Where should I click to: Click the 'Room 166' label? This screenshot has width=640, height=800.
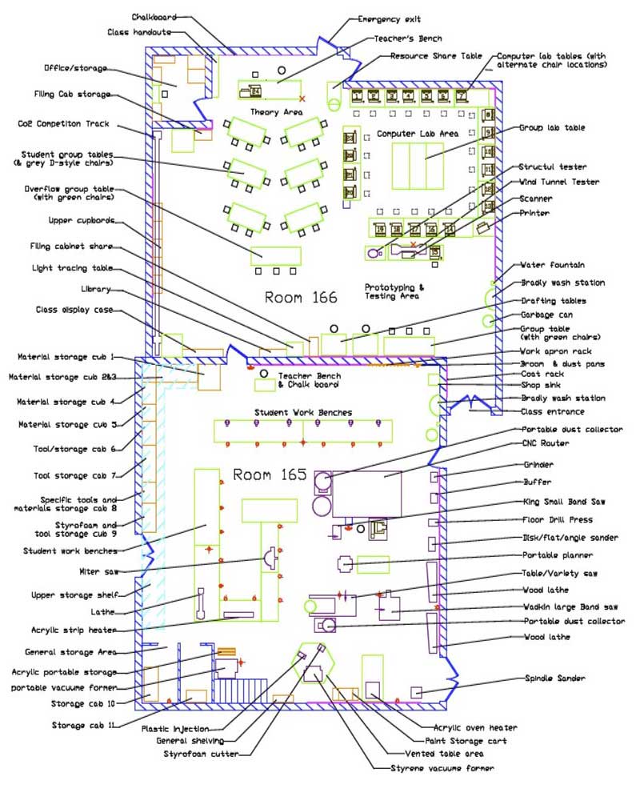(301, 298)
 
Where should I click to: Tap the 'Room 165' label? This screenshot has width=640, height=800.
(270, 474)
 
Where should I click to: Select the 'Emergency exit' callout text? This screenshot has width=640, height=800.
(389, 19)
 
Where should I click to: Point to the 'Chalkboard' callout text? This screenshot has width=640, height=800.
(154, 16)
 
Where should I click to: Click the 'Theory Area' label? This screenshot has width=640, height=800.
(276, 112)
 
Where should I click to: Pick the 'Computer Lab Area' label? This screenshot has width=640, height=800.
(418, 134)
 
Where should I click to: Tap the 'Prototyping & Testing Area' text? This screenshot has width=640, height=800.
(395, 291)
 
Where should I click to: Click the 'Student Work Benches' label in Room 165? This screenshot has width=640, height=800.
(303, 413)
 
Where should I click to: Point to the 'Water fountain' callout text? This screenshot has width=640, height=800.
(553, 265)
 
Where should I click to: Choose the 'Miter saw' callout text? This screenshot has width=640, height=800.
(100, 571)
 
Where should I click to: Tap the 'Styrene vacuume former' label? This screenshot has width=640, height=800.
(436, 768)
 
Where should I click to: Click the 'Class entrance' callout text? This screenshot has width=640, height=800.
(550, 412)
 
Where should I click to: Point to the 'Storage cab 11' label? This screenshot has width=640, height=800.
(84, 725)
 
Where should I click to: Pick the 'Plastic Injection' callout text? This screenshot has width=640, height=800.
(175, 729)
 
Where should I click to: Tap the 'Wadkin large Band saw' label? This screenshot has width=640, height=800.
(570, 607)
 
